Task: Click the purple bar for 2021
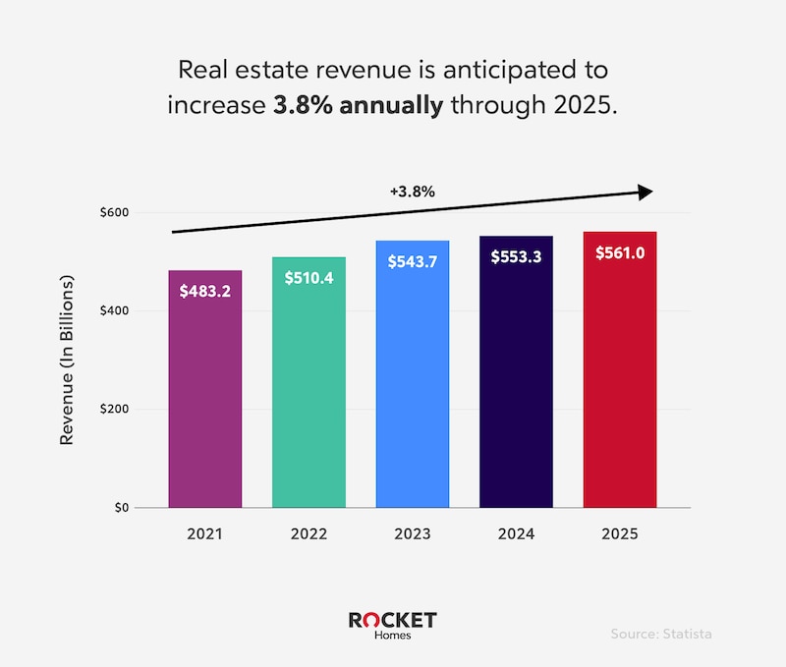pos(204,393)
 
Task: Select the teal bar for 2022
pos(308,393)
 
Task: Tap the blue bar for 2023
pos(412,393)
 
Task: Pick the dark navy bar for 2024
pos(516,393)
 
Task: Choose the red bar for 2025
pos(619,393)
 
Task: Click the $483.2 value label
pos(204,291)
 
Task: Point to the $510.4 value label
pos(308,278)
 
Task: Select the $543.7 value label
pos(412,261)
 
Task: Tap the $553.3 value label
pos(516,256)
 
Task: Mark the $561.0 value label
pos(619,252)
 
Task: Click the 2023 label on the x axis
pos(412,535)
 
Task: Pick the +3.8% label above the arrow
pos(412,192)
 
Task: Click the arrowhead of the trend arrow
pos(645,193)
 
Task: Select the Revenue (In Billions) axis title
pos(68,361)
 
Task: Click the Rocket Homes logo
pos(392,626)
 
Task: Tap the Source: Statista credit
pos(661,634)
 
